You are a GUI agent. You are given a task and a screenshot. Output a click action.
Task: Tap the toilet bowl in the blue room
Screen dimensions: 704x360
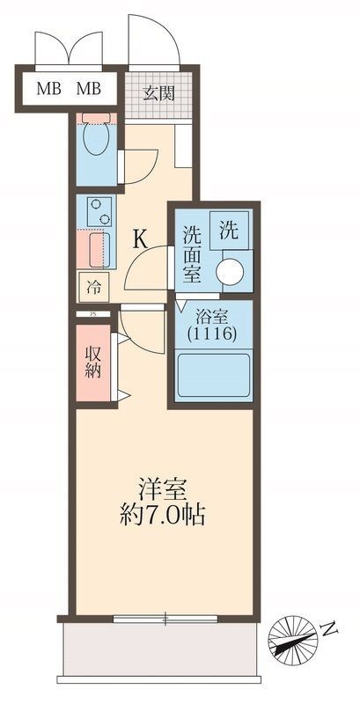click(94, 139)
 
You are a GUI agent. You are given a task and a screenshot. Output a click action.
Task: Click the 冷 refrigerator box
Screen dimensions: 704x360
click(93, 285)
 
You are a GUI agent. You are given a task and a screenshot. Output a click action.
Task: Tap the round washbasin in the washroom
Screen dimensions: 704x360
click(233, 271)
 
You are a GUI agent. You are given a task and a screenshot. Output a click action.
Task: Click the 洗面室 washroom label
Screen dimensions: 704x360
click(193, 255)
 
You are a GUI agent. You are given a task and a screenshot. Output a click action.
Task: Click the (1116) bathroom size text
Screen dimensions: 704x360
click(214, 333)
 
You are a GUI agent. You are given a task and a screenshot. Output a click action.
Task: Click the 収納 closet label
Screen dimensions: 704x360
click(93, 361)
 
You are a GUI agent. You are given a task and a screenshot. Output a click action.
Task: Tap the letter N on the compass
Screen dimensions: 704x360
click(329, 629)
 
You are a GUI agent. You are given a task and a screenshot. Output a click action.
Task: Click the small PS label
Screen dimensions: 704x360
click(91, 312)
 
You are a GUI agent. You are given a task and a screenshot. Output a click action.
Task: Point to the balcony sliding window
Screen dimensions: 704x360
click(165, 620)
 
